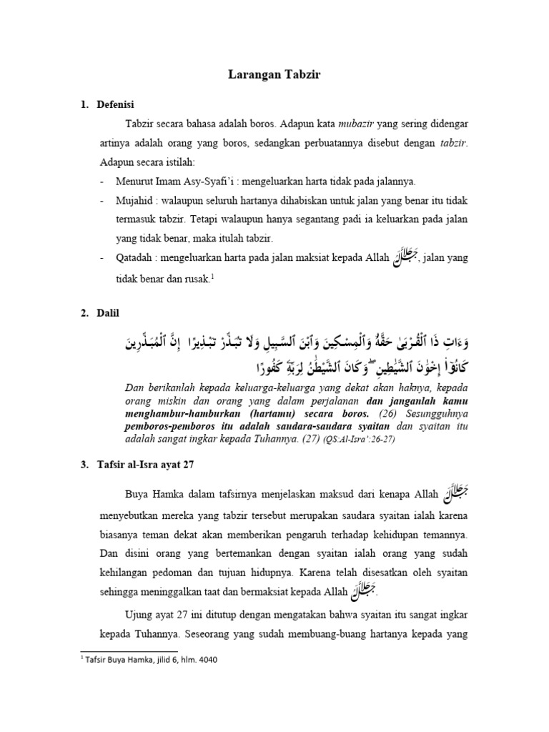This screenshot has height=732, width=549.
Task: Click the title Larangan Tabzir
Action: click(274, 74)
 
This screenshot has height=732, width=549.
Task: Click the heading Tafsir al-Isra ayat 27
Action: click(145, 465)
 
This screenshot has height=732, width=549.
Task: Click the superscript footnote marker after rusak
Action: click(213, 275)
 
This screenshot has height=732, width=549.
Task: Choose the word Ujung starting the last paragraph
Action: click(140, 615)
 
